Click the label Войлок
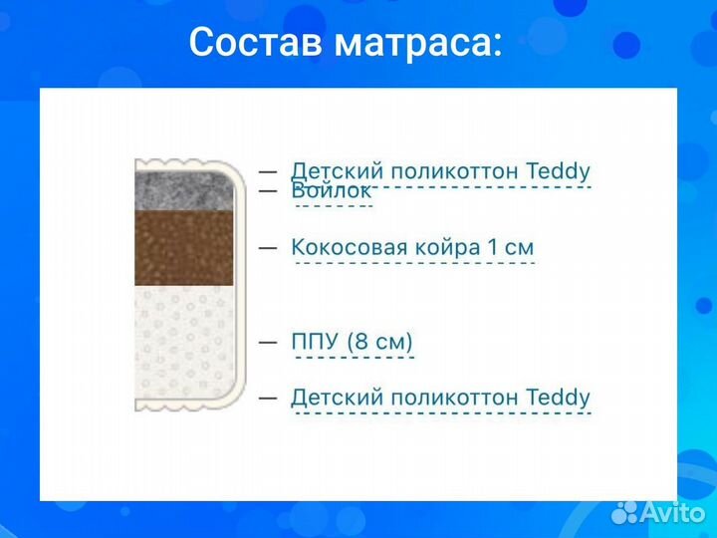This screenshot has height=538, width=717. [332, 189]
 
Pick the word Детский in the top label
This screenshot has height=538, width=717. [332, 171]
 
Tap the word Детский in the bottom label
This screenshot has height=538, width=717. [332, 397]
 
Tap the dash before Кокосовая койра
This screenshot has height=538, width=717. [268, 246]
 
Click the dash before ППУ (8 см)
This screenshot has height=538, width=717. [268, 341]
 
